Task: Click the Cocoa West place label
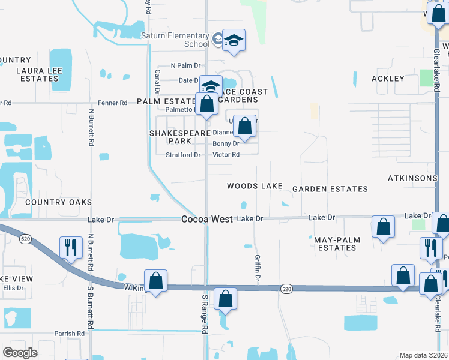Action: point(207,220)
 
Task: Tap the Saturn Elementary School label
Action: point(175,40)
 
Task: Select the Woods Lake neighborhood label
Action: point(255,187)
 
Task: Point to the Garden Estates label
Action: point(330,189)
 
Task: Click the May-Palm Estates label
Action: point(337,244)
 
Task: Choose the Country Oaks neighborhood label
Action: point(58,202)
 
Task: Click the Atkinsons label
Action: point(412,178)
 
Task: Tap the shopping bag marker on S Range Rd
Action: point(225,299)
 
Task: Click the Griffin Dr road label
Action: point(256,270)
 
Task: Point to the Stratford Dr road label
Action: point(183,155)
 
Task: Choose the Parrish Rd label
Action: point(68,334)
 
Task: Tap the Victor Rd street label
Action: point(226,155)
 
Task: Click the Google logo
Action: point(20,352)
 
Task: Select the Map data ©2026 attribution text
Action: point(423,355)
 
